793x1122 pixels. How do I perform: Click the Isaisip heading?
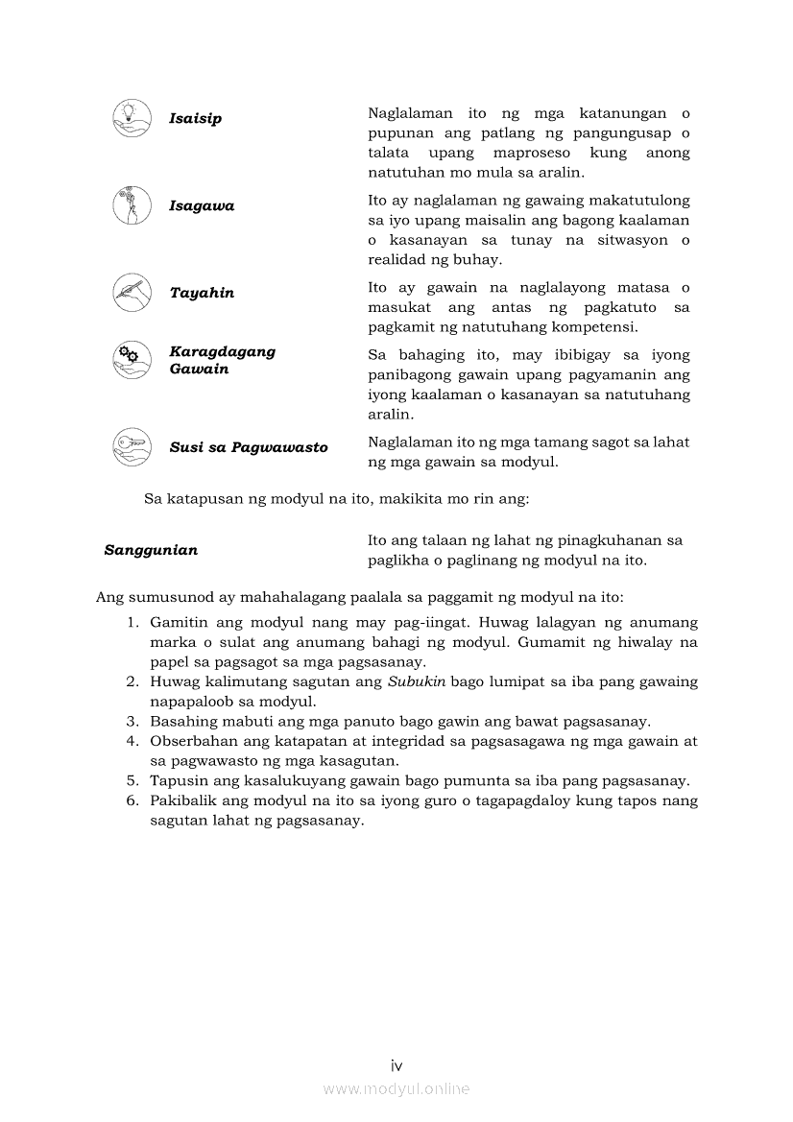click(195, 119)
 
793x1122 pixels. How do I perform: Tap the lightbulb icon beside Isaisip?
click(131, 117)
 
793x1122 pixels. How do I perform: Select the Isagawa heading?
click(202, 206)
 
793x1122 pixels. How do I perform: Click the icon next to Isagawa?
click(131, 205)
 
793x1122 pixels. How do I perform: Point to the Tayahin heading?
click(202, 293)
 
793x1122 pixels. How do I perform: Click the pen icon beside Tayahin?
click(131, 292)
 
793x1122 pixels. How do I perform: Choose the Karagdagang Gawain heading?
click(222, 360)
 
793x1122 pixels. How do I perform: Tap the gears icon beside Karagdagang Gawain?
click(131, 359)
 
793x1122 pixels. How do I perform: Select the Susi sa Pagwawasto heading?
click(249, 447)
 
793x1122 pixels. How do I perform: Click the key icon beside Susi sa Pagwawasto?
click(131, 446)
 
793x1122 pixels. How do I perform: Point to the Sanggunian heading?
click(151, 550)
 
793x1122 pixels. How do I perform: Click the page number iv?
click(396, 1065)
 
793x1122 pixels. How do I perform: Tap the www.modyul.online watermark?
click(396, 1088)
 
